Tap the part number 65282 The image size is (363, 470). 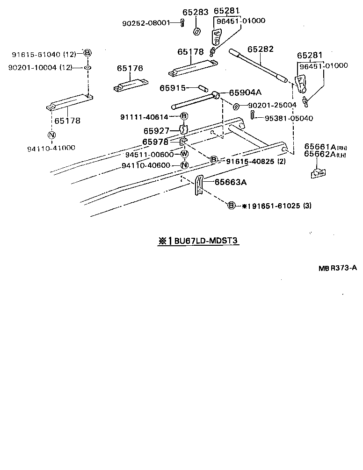coord(260,49)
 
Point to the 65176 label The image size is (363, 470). coord(130,68)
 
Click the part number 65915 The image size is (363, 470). coord(173,88)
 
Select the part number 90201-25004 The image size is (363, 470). coord(272,105)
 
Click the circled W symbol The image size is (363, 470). coord(184,155)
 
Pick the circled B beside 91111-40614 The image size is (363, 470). coord(184,116)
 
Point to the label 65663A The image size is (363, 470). coord(231,182)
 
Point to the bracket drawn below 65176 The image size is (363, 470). coord(129,85)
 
